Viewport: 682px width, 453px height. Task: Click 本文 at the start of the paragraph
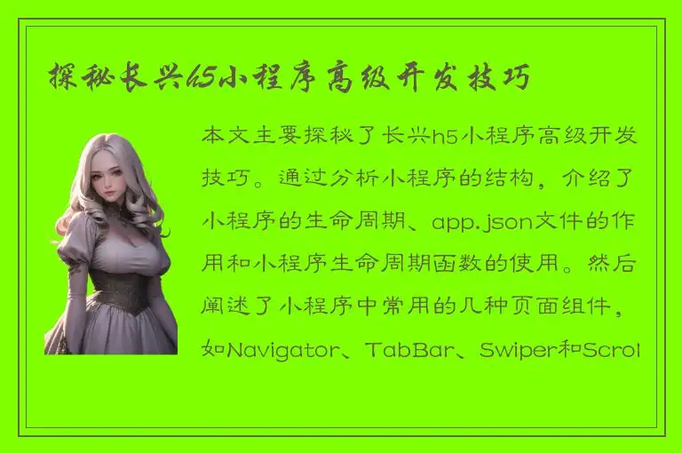pos(226,137)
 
